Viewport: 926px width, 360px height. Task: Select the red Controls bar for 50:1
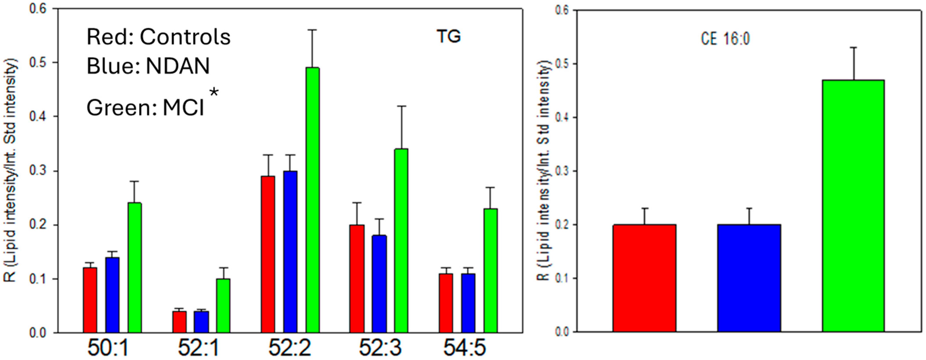90,300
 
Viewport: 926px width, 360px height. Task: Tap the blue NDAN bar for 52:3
379,284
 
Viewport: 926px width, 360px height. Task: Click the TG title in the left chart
449,36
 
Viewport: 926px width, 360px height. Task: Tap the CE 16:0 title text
725,39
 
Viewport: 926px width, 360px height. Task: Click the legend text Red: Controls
158,37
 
